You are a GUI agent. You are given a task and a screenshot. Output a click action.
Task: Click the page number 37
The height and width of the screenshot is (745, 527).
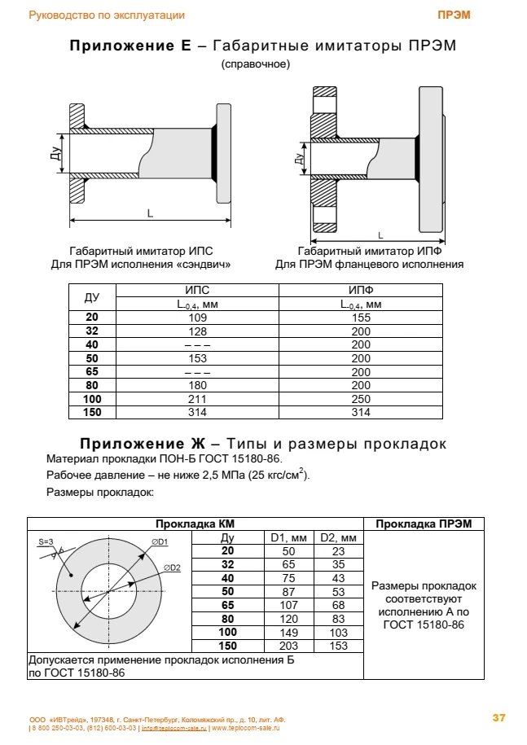click(499, 717)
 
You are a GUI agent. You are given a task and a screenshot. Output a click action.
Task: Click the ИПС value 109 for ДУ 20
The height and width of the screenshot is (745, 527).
click(198, 318)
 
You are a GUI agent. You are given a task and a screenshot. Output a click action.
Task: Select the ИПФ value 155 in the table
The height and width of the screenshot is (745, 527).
click(360, 318)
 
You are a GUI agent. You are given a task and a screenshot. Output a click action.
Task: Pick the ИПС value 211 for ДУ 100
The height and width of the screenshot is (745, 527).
click(198, 400)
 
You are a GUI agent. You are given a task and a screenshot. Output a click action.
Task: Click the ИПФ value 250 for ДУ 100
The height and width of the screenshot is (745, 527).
click(360, 400)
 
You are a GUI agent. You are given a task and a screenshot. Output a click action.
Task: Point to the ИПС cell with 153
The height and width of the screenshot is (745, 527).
click(198, 358)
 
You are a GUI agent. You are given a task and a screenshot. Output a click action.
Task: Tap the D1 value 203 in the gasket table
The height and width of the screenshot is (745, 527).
click(288, 646)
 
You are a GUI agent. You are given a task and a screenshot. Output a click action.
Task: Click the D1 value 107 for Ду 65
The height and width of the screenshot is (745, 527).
click(288, 605)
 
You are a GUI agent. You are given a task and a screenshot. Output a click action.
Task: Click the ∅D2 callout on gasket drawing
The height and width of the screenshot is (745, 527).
click(171, 568)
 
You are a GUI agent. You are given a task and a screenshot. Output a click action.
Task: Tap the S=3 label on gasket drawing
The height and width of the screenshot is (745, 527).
click(46, 541)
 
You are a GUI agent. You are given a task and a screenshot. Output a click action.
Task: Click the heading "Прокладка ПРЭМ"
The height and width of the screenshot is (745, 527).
click(423, 524)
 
